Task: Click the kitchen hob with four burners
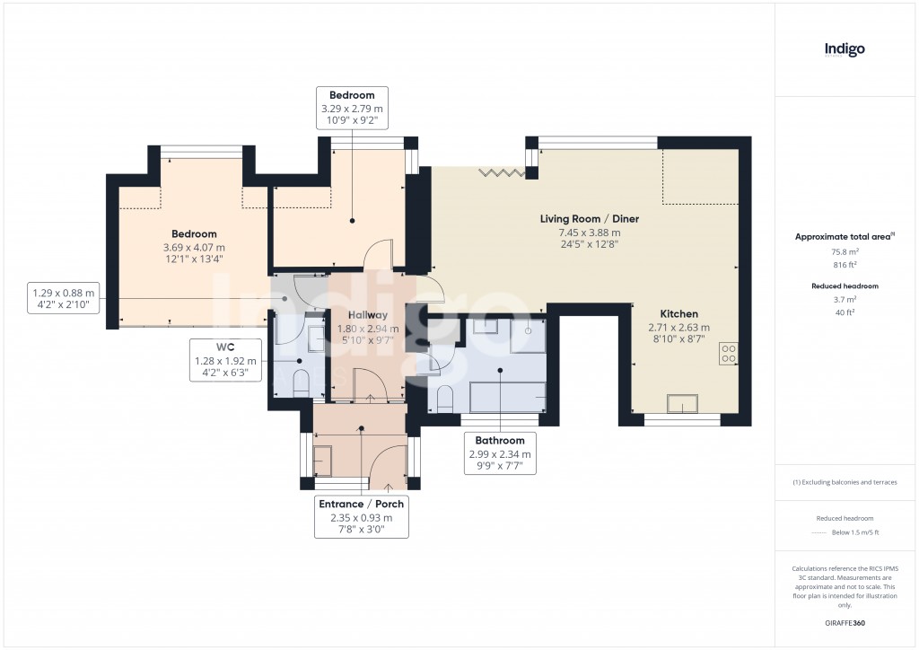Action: click(x=728, y=354)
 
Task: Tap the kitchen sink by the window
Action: click(x=681, y=404)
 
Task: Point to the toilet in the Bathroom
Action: click(x=444, y=396)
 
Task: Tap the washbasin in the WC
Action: click(x=317, y=338)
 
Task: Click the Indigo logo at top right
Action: click(x=845, y=50)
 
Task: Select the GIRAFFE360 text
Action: click(x=845, y=622)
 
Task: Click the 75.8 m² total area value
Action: click(x=845, y=252)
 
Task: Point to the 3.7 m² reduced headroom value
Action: click(x=845, y=299)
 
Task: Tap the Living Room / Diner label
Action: click(x=589, y=219)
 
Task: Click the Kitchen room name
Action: click(x=678, y=313)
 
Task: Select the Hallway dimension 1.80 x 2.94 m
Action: click(x=368, y=329)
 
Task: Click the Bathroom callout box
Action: click(x=500, y=453)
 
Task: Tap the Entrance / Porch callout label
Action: click(x=362, y=504)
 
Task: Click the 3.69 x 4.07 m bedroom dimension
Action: click(x=194, y=248)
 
